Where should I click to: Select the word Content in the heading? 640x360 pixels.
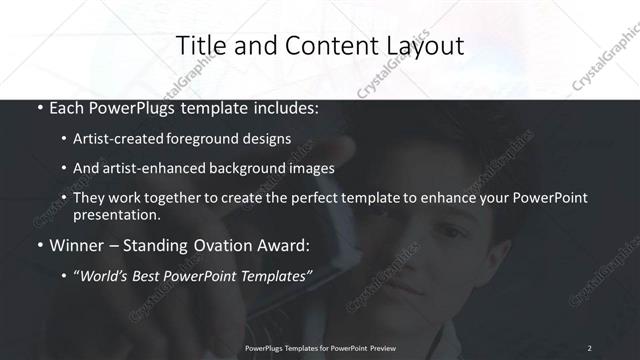coord(322,45)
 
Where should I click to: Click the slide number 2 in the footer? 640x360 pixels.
coord(589,347)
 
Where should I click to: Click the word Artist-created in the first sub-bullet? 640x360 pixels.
coord(120,140)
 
